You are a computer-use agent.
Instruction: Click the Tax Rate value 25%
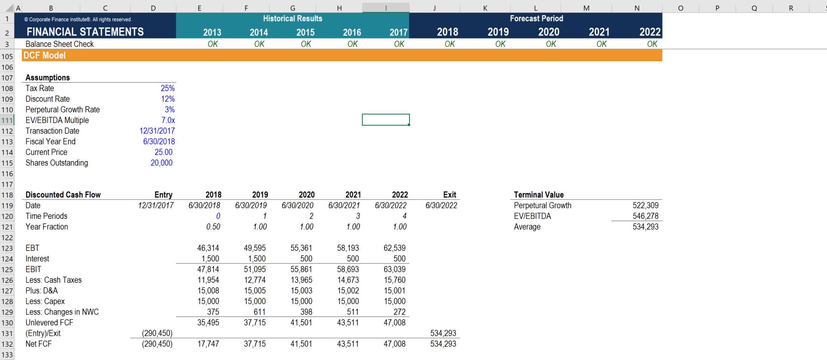click(x=168, y=88)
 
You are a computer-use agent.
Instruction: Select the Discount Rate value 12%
click(x=168, y=99)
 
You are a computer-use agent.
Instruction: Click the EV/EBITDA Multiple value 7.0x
click(x=168, y=120)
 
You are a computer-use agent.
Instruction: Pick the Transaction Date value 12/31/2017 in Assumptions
click(x=157, y=131)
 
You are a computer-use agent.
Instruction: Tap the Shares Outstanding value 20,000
click(x=162, y=163)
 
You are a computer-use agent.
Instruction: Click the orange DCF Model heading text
click(x=44, y=56)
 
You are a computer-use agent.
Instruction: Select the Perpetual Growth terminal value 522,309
click(x=645, y=205)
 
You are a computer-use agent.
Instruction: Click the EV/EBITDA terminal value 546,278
click(x=645, y=216)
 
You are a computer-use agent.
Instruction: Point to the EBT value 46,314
click(x=208, y=248)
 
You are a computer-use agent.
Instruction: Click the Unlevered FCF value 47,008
click(x=395, y=322)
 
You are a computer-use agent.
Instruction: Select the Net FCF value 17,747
click(x=208, y=344)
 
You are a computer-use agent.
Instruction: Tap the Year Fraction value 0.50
click(x=213, y=227)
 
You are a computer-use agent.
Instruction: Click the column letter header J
click(x=434, y=8)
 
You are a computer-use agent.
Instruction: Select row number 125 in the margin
click(x=7, y=270)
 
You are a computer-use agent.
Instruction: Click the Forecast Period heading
click(x=536, y=19)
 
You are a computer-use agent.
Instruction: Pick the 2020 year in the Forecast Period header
click(x=548, y=32)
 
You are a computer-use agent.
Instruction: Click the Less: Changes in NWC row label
click(x=62, y=312)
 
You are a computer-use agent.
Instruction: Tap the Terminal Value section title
click(x=538, y=195)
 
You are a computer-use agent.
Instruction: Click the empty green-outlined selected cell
click(x=386, y=120)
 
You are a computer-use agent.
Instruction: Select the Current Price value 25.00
click(x=164, y=152)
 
